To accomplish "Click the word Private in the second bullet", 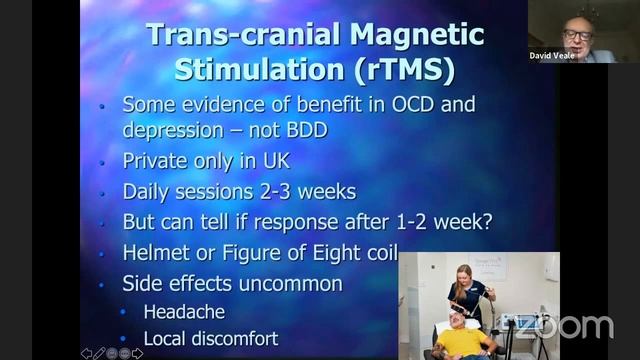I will click(x=156, y=160).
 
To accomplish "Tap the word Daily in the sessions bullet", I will click(x=149, y=191).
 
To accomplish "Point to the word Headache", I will click(x=184, y=312).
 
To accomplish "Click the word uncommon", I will click(x=292, y=283).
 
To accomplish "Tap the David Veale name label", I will click(x=552, y=56).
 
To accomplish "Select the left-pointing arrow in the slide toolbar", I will click(x=86, y=353).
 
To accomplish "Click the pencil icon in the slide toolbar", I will click(x=99, y=353).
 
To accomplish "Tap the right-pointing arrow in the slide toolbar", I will click(x=137, y=353).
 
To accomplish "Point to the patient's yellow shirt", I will click(x=464, y=343).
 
